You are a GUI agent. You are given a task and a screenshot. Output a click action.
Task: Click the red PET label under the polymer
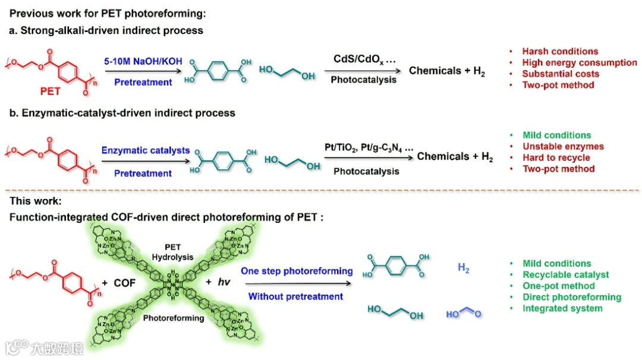coord(50,91)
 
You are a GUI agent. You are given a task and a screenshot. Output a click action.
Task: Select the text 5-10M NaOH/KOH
coord(143,61)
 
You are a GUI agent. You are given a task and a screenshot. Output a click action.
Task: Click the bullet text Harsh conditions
coord(560,52)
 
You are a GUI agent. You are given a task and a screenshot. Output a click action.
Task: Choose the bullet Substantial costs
coord(561,74)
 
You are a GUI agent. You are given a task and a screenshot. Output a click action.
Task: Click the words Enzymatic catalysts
coord(145,151)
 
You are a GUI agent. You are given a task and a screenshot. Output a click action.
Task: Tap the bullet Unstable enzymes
coord(563,146)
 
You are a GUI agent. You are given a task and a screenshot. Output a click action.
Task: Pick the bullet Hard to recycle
coord(556,157)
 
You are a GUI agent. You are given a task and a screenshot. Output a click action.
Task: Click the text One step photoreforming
coord(297,271)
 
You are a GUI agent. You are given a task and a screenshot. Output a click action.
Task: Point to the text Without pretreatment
coord(295,296)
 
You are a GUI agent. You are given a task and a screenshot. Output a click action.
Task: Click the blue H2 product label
coord(464,269)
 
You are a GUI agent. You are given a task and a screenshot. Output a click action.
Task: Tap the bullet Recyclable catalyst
coord(565,274)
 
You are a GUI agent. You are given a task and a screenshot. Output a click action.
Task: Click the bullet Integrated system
coord(562,308)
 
